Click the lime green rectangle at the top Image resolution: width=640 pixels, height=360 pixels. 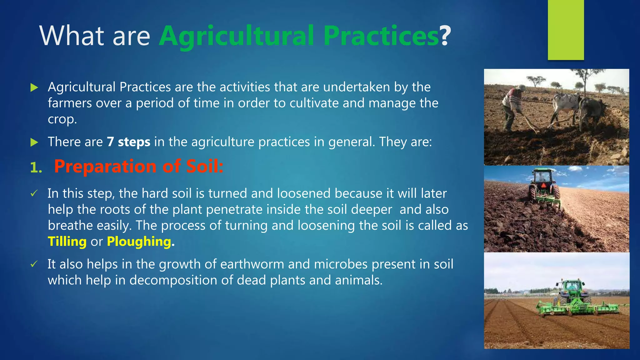[566, 30]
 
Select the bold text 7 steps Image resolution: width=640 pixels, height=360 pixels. [128, 142]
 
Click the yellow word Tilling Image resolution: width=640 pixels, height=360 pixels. [67, 242]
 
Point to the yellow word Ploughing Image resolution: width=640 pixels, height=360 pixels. [139, 242]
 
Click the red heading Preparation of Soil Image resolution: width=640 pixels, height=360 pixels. [138, 166]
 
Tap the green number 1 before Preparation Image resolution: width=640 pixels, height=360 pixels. [35, 168]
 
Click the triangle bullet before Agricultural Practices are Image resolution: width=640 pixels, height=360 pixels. [34, 87]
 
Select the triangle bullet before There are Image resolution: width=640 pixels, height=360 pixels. [34, 142]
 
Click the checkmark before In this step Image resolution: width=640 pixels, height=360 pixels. [34, 194]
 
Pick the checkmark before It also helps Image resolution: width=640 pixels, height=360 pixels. [34, 264]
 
